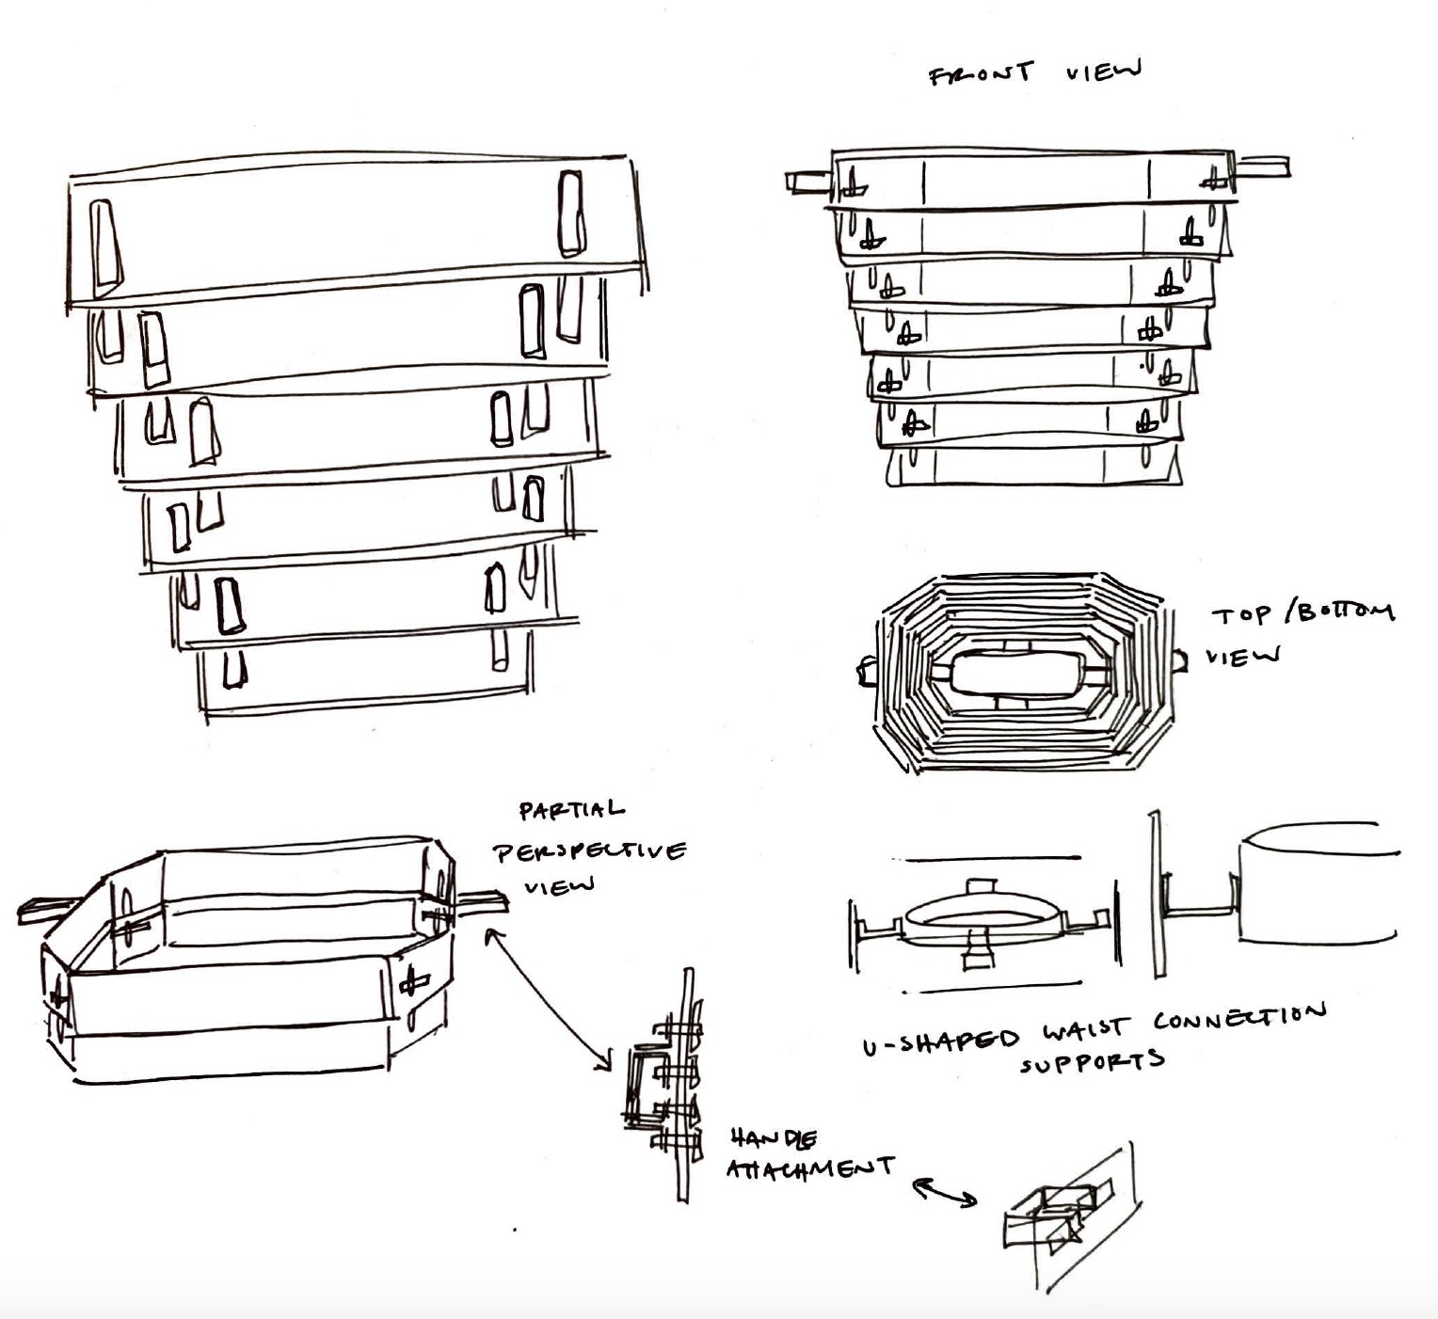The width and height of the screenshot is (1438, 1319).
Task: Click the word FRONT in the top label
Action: (x=980, y=73)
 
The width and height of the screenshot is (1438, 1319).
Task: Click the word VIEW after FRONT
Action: (x=1104, y=71)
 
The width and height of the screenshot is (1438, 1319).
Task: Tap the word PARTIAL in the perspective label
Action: (x=570, y=810)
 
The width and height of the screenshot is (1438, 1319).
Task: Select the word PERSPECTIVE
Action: (x=590, y=851)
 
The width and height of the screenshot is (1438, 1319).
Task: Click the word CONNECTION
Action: (x=1239, y=1017)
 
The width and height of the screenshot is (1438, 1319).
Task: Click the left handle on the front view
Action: (x=807, y=181)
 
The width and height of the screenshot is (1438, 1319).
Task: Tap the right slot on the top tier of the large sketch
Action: (x=570, y=214)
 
